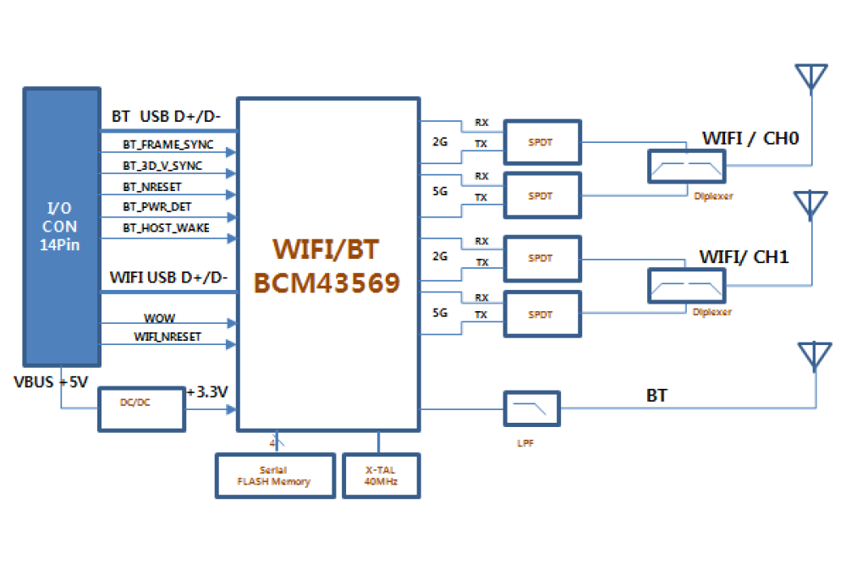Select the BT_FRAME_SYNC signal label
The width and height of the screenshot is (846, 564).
(168, 145)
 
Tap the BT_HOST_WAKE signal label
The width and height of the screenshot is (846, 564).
(166, 227)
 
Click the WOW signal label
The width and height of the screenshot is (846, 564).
(159, 318)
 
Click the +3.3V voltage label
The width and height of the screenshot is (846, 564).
(208, 392)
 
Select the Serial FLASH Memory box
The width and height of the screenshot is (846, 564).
(273, 476)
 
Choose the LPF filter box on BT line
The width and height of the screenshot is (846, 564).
(531, 409)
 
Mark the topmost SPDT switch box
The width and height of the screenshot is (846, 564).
(542, 142)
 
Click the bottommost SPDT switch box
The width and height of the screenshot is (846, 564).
(542, 314)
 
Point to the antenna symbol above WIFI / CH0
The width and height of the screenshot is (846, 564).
(810, 78)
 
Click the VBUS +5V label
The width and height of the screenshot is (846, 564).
(51, 381)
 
